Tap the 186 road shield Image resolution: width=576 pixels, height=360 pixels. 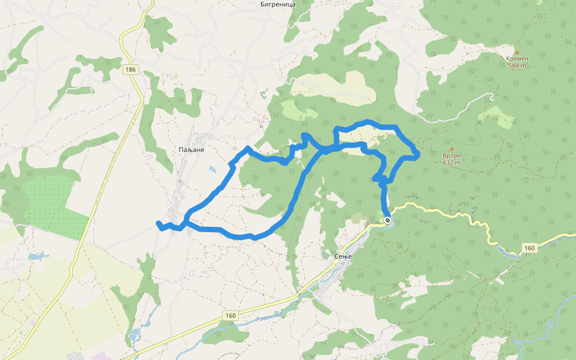click(x=131, y=70)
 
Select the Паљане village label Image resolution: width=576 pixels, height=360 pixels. click(x=192, y=149)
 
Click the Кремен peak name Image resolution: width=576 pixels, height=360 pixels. click(x=517, y=59)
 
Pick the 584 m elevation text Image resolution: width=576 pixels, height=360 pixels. click(x=517, y=66)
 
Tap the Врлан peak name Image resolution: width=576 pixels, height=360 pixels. click(x=452, y=155)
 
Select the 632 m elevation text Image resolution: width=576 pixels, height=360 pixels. click(x=452, y=163)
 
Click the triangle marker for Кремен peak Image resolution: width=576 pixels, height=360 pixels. click(x=517, y=52)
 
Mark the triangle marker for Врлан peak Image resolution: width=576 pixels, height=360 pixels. click(x=452, y=148)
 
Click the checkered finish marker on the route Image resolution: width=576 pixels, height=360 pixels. click(x=388, y=220)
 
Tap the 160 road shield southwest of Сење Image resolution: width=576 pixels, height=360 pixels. click(x=232, y=315)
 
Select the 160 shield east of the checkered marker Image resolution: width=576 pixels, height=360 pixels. click(x=529, y=248)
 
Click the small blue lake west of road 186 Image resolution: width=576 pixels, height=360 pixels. click(x=37, y=256)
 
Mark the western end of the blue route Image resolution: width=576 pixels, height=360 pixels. click(x=158, y=224)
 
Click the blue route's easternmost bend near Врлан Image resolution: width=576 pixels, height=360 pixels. click(x=417, y=156)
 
